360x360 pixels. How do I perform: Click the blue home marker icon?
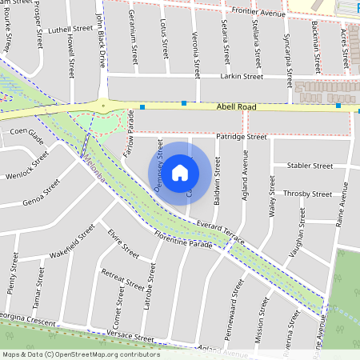coord(180,173)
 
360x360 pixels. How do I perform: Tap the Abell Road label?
coord(237,106)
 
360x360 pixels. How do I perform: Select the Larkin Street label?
coord(242,78)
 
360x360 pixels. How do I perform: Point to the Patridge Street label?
coord(242,137)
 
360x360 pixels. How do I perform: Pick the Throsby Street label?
coord(308,194)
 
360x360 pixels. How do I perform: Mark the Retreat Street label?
coord(121,277)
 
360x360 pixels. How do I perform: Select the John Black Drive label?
coord(100,40)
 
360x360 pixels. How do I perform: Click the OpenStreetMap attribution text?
coord(80,354)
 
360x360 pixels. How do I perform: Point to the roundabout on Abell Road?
coord(103,104)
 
